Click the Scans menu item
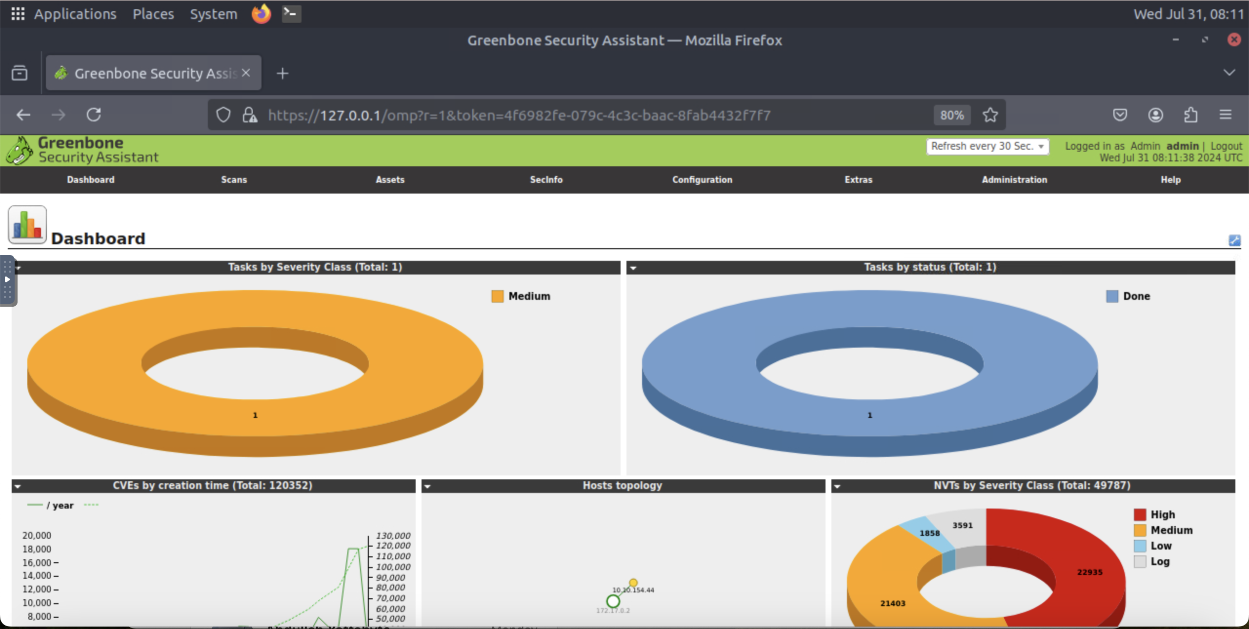234,180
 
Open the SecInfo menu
546,180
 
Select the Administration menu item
1014,180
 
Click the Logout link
1226,146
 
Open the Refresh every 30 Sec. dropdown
987,146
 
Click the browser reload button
94,115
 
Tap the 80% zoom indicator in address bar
952,116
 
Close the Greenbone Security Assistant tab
246,73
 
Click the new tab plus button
282,74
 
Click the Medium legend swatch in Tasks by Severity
497,296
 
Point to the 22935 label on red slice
1089,572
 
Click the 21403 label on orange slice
892,604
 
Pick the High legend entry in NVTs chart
1162,515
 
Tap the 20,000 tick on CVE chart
37,535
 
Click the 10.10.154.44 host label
633,590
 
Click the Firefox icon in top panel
261,14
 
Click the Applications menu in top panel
75,14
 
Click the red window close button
1234,40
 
